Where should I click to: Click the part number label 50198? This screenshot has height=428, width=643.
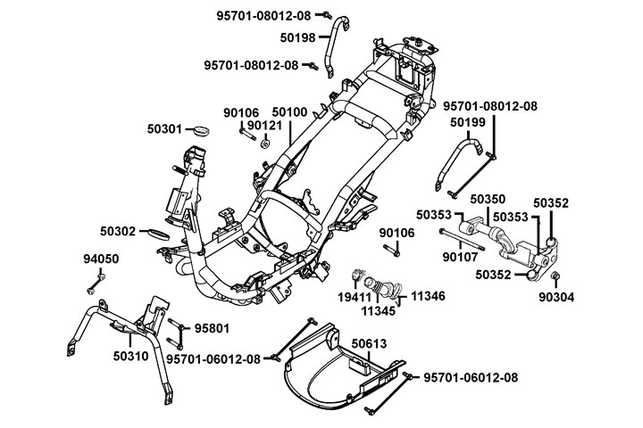click(x=297, y=37)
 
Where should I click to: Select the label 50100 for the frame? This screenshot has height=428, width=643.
click(x=289, y=112)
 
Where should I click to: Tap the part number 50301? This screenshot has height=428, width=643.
click(x=165, y=129)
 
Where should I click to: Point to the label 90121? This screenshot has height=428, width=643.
click(x=264, y=126)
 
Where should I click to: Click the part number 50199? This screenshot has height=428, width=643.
click(x=468, y=122)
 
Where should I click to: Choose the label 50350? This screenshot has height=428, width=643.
click(x=488, y=199)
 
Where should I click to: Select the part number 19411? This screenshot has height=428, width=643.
click(x=355, y=296)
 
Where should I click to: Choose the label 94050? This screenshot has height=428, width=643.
click(x=101, y=259)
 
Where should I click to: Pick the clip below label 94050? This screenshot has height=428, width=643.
click(x=93, y=289)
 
